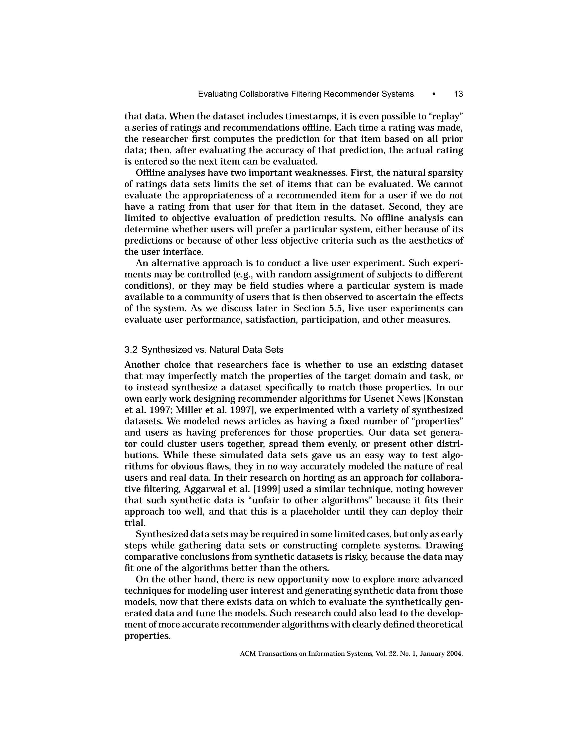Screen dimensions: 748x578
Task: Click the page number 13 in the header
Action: click(x=458, y=94)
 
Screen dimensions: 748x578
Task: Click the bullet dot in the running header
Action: click(x=434, y=94)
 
